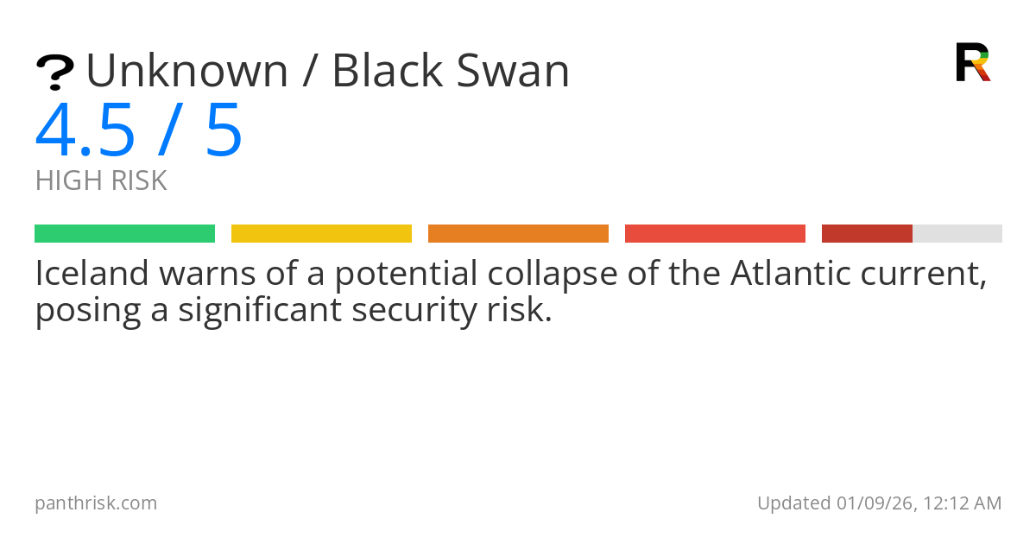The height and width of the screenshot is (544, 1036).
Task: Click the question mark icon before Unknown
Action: click(54, 73)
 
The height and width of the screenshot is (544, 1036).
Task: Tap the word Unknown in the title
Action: click(186, 71)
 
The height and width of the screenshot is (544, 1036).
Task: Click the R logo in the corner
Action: click(972, 62)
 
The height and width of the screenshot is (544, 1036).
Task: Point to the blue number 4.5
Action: click(85, 131)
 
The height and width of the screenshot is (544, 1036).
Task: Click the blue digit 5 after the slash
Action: click(224, 131)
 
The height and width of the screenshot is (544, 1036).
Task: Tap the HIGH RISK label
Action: click(101, 181)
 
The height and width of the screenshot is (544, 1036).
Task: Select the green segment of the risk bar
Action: click(124, 234)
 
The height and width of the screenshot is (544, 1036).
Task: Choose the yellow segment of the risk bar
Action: click(321, 234)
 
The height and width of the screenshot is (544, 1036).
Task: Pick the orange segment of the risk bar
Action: click(518, 234)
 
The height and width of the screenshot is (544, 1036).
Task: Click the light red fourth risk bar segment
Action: click(715, 234)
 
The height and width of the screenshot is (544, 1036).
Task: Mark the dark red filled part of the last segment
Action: click(867, 234)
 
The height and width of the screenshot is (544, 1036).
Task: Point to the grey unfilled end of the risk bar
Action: click(957, 234)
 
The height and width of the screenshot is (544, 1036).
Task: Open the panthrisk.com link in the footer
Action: click(96, 503)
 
